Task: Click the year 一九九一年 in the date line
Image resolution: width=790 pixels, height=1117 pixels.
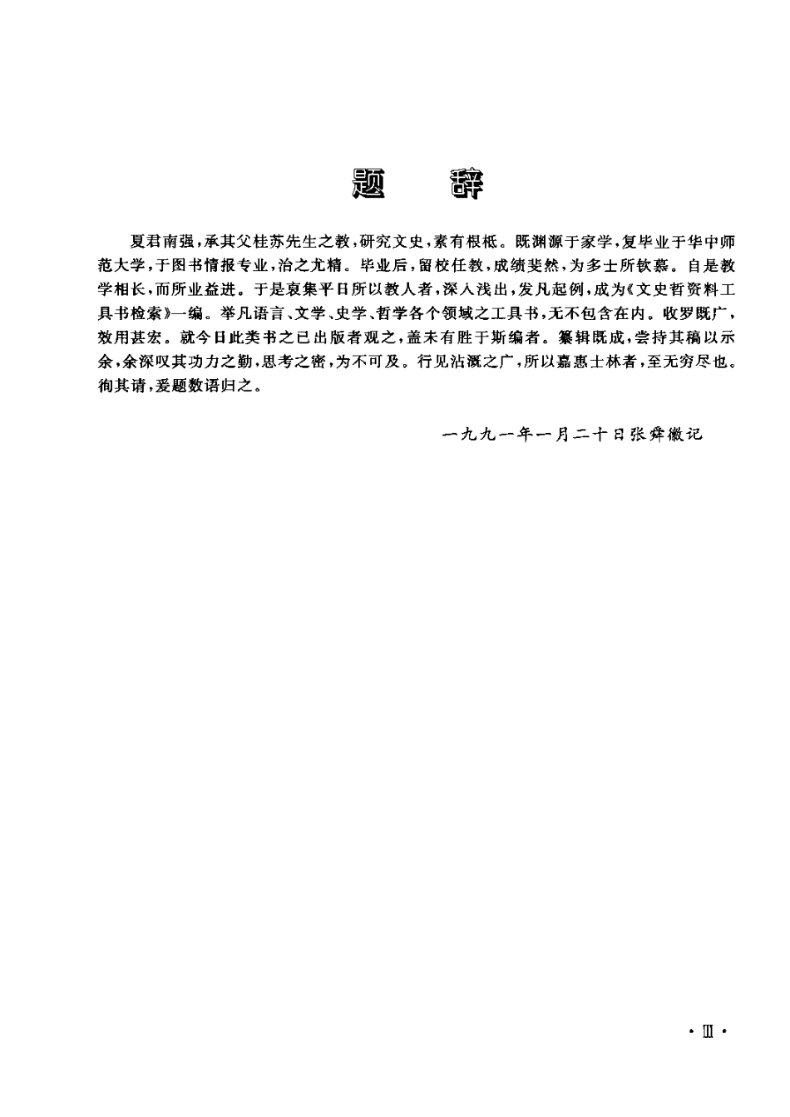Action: coord(486,434)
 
